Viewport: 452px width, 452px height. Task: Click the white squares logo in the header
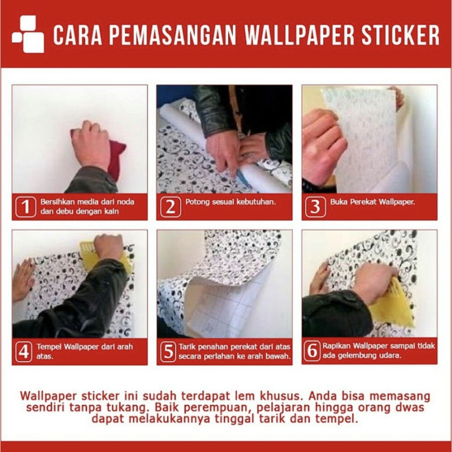click(x=28, y=34)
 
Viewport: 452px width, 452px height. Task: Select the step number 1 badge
click(x=26, y=207)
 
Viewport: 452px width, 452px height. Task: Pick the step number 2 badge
click(x=171, y=207)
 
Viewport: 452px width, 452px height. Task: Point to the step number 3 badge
click(x=316, y=207)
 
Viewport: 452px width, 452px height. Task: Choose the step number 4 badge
click(x=24, y=352)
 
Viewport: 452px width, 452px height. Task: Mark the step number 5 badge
click(x=168, y=352)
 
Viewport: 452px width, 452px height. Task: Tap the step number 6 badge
click(x=313, y=351)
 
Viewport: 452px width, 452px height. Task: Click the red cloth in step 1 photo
click(x=115, y=157)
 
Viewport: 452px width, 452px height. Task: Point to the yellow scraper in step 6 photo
click(x=393, y=305)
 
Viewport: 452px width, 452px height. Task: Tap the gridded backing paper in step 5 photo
click(x=219, y=309)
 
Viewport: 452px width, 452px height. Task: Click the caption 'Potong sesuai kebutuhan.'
click(x=230, y=202)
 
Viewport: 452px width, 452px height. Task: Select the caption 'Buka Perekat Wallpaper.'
click(x=373, y=202)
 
